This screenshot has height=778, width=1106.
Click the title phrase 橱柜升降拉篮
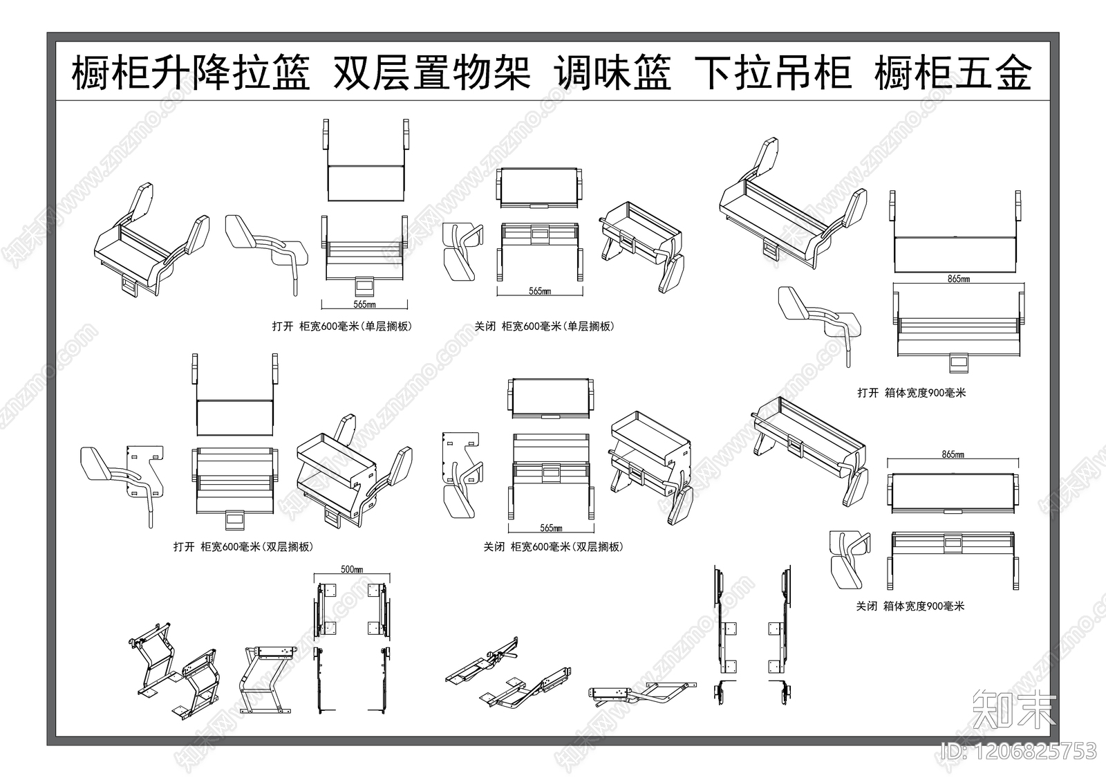[191, 73]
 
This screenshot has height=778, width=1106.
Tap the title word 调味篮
[612, 73]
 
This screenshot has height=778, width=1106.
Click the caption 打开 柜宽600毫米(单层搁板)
[341, 326]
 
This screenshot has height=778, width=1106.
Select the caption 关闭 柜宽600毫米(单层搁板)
[544, 326]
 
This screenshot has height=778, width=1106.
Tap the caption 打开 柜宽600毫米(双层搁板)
[243, 547]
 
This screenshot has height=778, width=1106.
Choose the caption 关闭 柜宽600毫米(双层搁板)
[553, 547]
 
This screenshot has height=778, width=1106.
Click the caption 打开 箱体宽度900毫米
[911, 393]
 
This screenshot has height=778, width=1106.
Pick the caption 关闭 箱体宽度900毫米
[910, 606]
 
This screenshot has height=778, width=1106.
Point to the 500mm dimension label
[352, 569]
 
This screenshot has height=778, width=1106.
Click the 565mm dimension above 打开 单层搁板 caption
[364, 304]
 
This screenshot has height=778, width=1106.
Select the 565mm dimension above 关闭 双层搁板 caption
[550, 528]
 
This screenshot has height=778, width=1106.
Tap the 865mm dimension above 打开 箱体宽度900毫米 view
[957, 279]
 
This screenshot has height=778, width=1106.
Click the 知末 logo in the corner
[1013, 708]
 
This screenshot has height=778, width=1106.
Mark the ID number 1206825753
[1019, 751]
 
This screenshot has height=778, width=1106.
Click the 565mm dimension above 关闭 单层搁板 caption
[540, 291]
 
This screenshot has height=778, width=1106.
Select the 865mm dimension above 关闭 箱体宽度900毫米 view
[952, 454]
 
